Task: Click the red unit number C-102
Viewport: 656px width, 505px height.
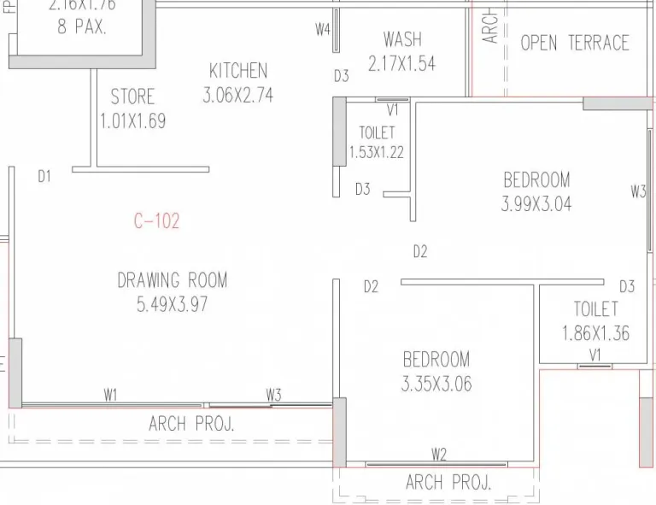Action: tap(156, 221)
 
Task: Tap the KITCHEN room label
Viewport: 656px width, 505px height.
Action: tap(238, 71)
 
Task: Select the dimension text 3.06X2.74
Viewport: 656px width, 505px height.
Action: tap(237, 95)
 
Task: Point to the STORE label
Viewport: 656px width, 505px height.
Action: tap(132, 96)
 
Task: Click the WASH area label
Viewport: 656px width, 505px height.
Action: tap(401, 39)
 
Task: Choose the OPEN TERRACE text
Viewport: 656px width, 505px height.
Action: tap(574, 43)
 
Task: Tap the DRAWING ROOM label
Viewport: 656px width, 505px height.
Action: tap(173, 279)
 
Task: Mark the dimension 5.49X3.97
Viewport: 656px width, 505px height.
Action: tap(173, 303)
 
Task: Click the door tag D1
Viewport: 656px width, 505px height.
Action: tap(44, 176)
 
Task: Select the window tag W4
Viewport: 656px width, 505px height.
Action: tap(322, 30)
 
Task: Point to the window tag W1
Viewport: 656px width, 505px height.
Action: tap(110, 394)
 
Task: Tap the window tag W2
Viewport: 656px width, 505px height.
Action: tap(439, 454)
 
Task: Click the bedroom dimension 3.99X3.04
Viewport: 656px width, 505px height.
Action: tap(536, 204)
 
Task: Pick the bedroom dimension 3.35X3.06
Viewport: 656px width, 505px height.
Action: tap(436, 384)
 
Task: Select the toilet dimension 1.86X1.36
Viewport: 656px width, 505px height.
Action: tap(595, 332)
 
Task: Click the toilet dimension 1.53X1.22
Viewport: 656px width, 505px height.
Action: tap(376, 153)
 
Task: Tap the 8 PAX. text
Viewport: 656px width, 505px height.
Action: tap(82, 26)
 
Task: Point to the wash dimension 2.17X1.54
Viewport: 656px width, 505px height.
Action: tap(401, 63)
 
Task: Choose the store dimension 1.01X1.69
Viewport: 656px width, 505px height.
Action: tap(132, 120)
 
